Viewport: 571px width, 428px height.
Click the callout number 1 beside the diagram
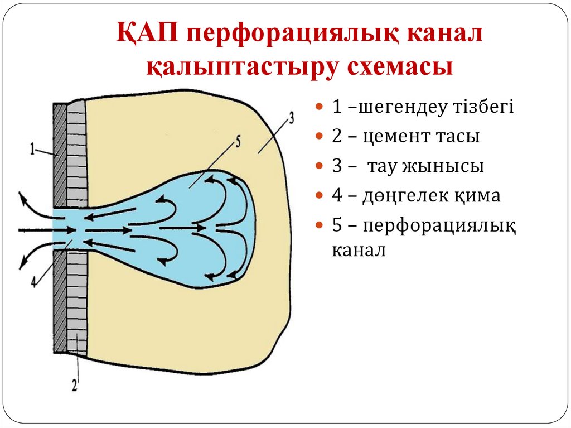coord(33,150)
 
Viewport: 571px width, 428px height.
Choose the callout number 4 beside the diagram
coord(34,282)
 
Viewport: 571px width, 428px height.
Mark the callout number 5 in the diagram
coord(238,142)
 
